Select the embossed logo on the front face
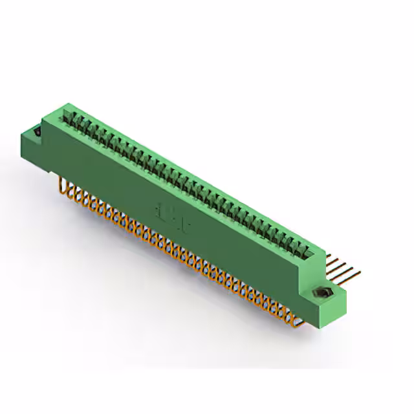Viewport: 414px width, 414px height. (172, 214)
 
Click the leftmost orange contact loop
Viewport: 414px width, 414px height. (63, 187)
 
